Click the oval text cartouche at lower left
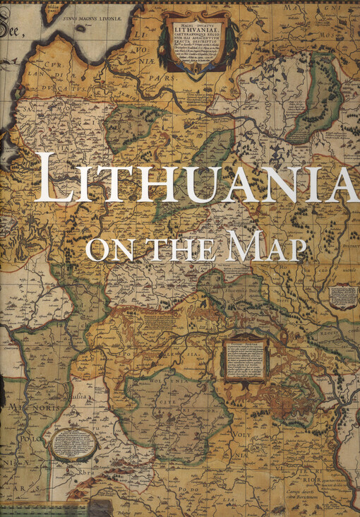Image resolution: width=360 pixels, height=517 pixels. pyautogui.click(x=73, y=444)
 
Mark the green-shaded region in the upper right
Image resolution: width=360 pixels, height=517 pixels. pyautogui.click(x=316, y=100)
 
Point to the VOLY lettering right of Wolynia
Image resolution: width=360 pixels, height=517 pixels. pyautogui.click(x=244, y=425)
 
